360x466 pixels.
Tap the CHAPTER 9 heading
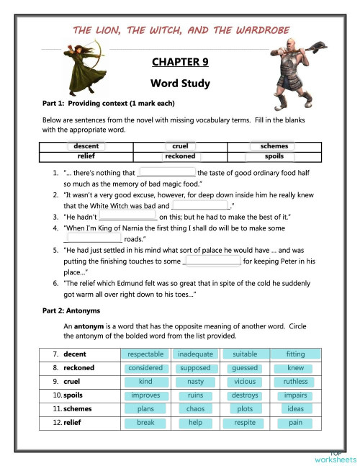pyautogui.click(x=180, y=62)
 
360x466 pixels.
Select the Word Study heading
pyautogui.click(x=180, y=84)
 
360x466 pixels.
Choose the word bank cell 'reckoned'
pyautogui.click(x=180, y=156)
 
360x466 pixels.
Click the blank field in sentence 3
pyautogui.click(x=127, y=215)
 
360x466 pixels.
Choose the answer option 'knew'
pyautogui.click(x=295, y=368)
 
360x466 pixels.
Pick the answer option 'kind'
pyautogui.click(x=145, y=382)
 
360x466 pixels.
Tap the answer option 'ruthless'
pyautogui.click(x=295, y=382)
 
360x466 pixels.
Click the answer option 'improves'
pyautogui.click(x=145, y=395)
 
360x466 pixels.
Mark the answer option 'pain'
pyautogui.click(x=295, y=423)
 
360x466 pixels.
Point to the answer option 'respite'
pyautogui.click(x=245, y=423)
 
